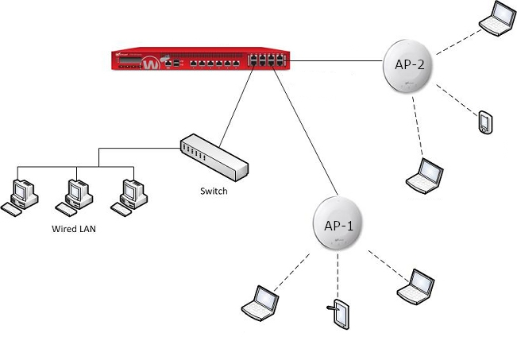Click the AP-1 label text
tap(338, 224)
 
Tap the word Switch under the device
tap(214, 192)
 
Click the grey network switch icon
tap(214, 157)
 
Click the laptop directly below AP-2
tap(426, 176)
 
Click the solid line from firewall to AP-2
tap(334, 60)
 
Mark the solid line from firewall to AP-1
tap(302, 135)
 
